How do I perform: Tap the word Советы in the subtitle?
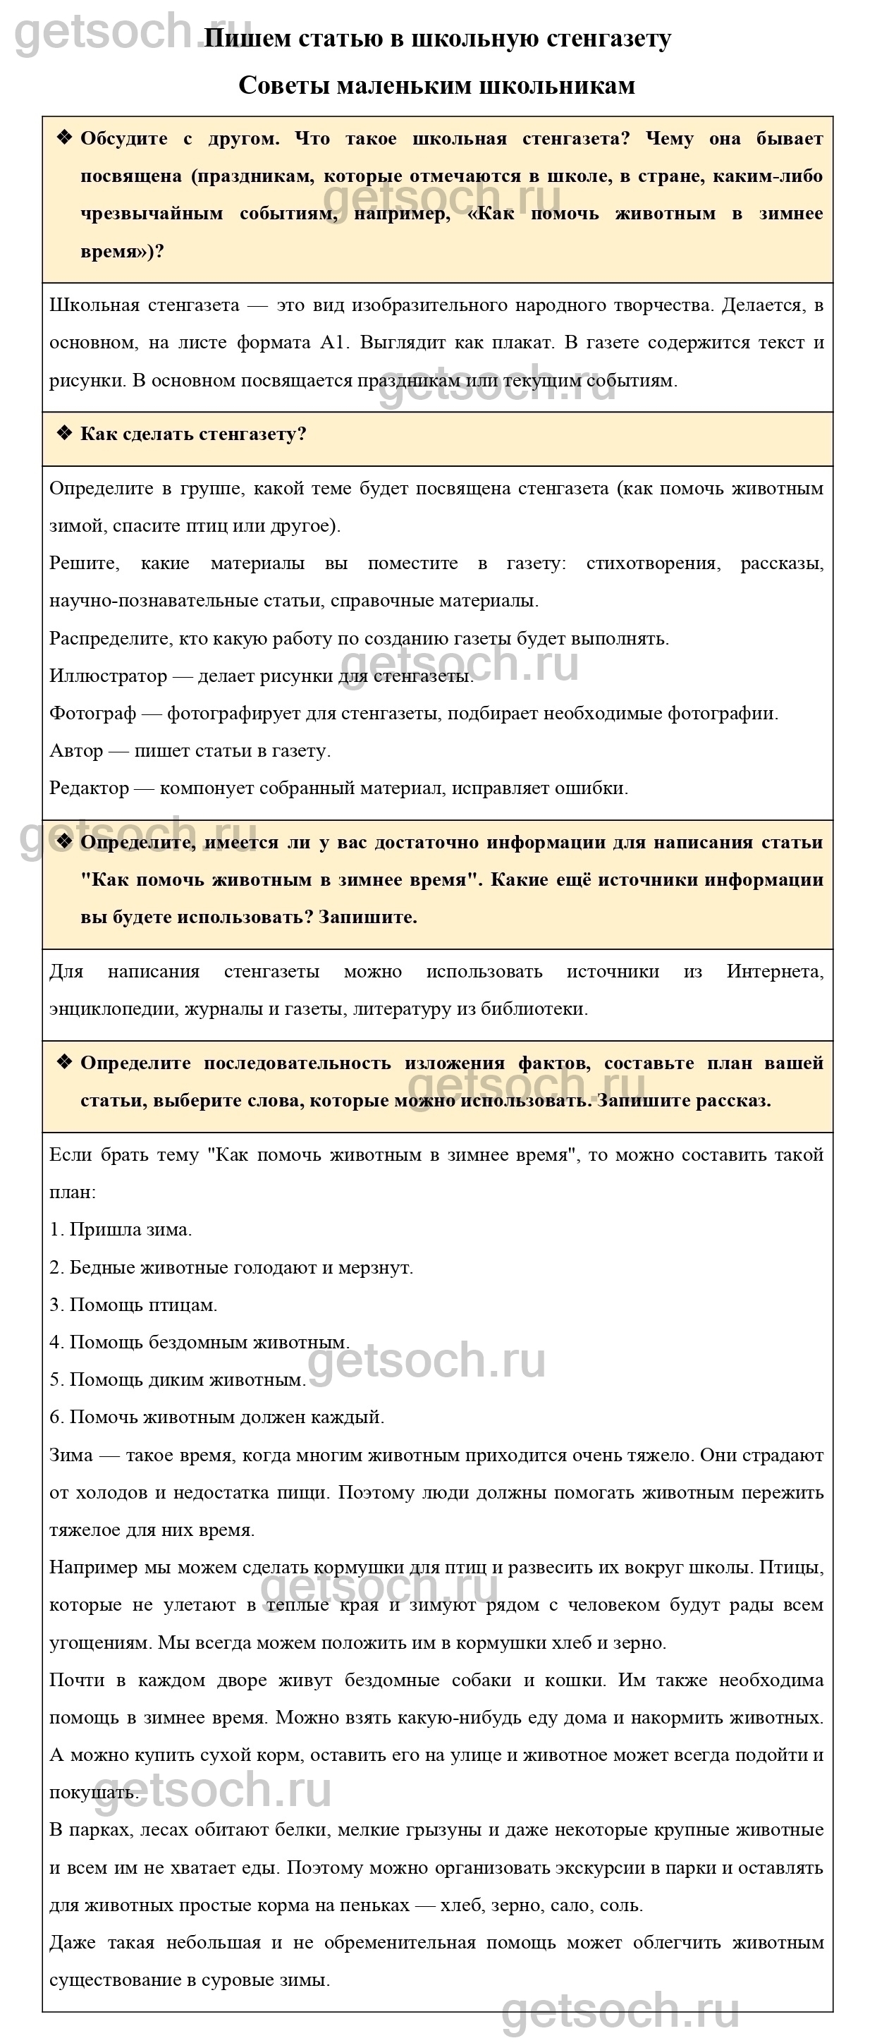(284, 85)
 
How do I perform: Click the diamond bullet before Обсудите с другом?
(64, 138)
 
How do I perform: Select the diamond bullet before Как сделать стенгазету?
(64, 434)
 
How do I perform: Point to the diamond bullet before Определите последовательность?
(64, 1063)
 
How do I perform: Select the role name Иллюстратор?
(109, 676)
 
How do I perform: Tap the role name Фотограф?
(93, 713)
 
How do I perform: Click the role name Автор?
(76, 750)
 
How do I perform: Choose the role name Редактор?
(89, 788)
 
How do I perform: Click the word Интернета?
(775, 972)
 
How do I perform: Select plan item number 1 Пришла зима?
(121, 1230)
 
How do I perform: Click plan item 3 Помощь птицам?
(133, 1305)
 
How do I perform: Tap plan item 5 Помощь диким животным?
(178, 1380)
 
